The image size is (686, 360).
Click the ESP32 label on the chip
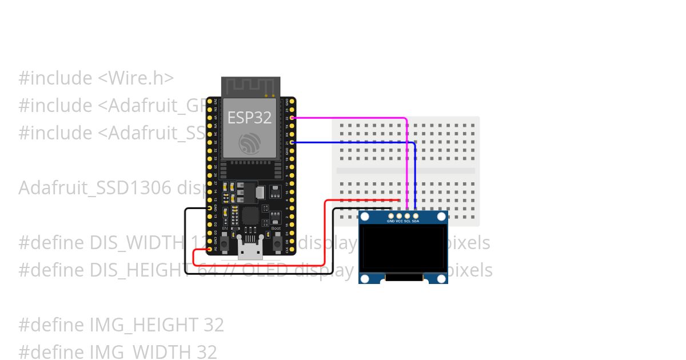pyautogui.click(x=249, y=117)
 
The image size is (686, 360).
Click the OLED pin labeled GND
pyautogui.click(x=391, y=215)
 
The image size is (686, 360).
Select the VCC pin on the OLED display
pyautogui.click(x=399, y=215)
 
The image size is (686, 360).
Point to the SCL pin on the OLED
pyautogui.click(x=407, y=215)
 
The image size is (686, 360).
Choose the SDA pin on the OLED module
pyautogui.click(x=416, y=215)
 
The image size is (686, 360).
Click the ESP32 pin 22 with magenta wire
pyautogui.click(x=292, y=118)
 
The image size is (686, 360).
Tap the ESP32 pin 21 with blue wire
pyautogui.click(x=292, y=142)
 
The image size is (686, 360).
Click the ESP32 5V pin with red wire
pyautogui.click(x=210, y=249)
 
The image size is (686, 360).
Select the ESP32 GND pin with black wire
pyautogui.click(x=210, y=208)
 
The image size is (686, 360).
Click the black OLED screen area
pyautogui.click(x=403, y=248)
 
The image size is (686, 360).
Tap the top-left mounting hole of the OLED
pyautogui.click(x=365, y=217)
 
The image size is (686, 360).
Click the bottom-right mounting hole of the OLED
pyautogui.click(x=441, y=278)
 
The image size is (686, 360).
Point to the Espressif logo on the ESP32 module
pyautogui.click(x=249, y=143)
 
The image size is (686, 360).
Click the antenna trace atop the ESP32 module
pyautogui.click(x=249, y=87)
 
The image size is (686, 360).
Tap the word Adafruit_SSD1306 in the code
pyautogui.click(x=95, y=188)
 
